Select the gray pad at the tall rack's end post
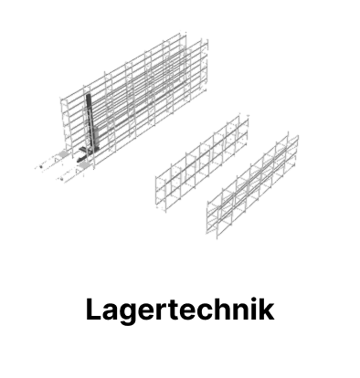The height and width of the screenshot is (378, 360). (x=62, y=153)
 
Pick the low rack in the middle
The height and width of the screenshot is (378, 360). (x=202, y=163)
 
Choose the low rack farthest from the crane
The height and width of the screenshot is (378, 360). (x=252, y=185)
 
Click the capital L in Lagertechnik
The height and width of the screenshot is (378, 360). (x=93, y=310)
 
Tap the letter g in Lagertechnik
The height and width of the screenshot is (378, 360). (x=131, y=313)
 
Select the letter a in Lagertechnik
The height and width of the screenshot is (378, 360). (x=111, y=312)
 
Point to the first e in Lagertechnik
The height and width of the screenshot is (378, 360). (x=150, y=312)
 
